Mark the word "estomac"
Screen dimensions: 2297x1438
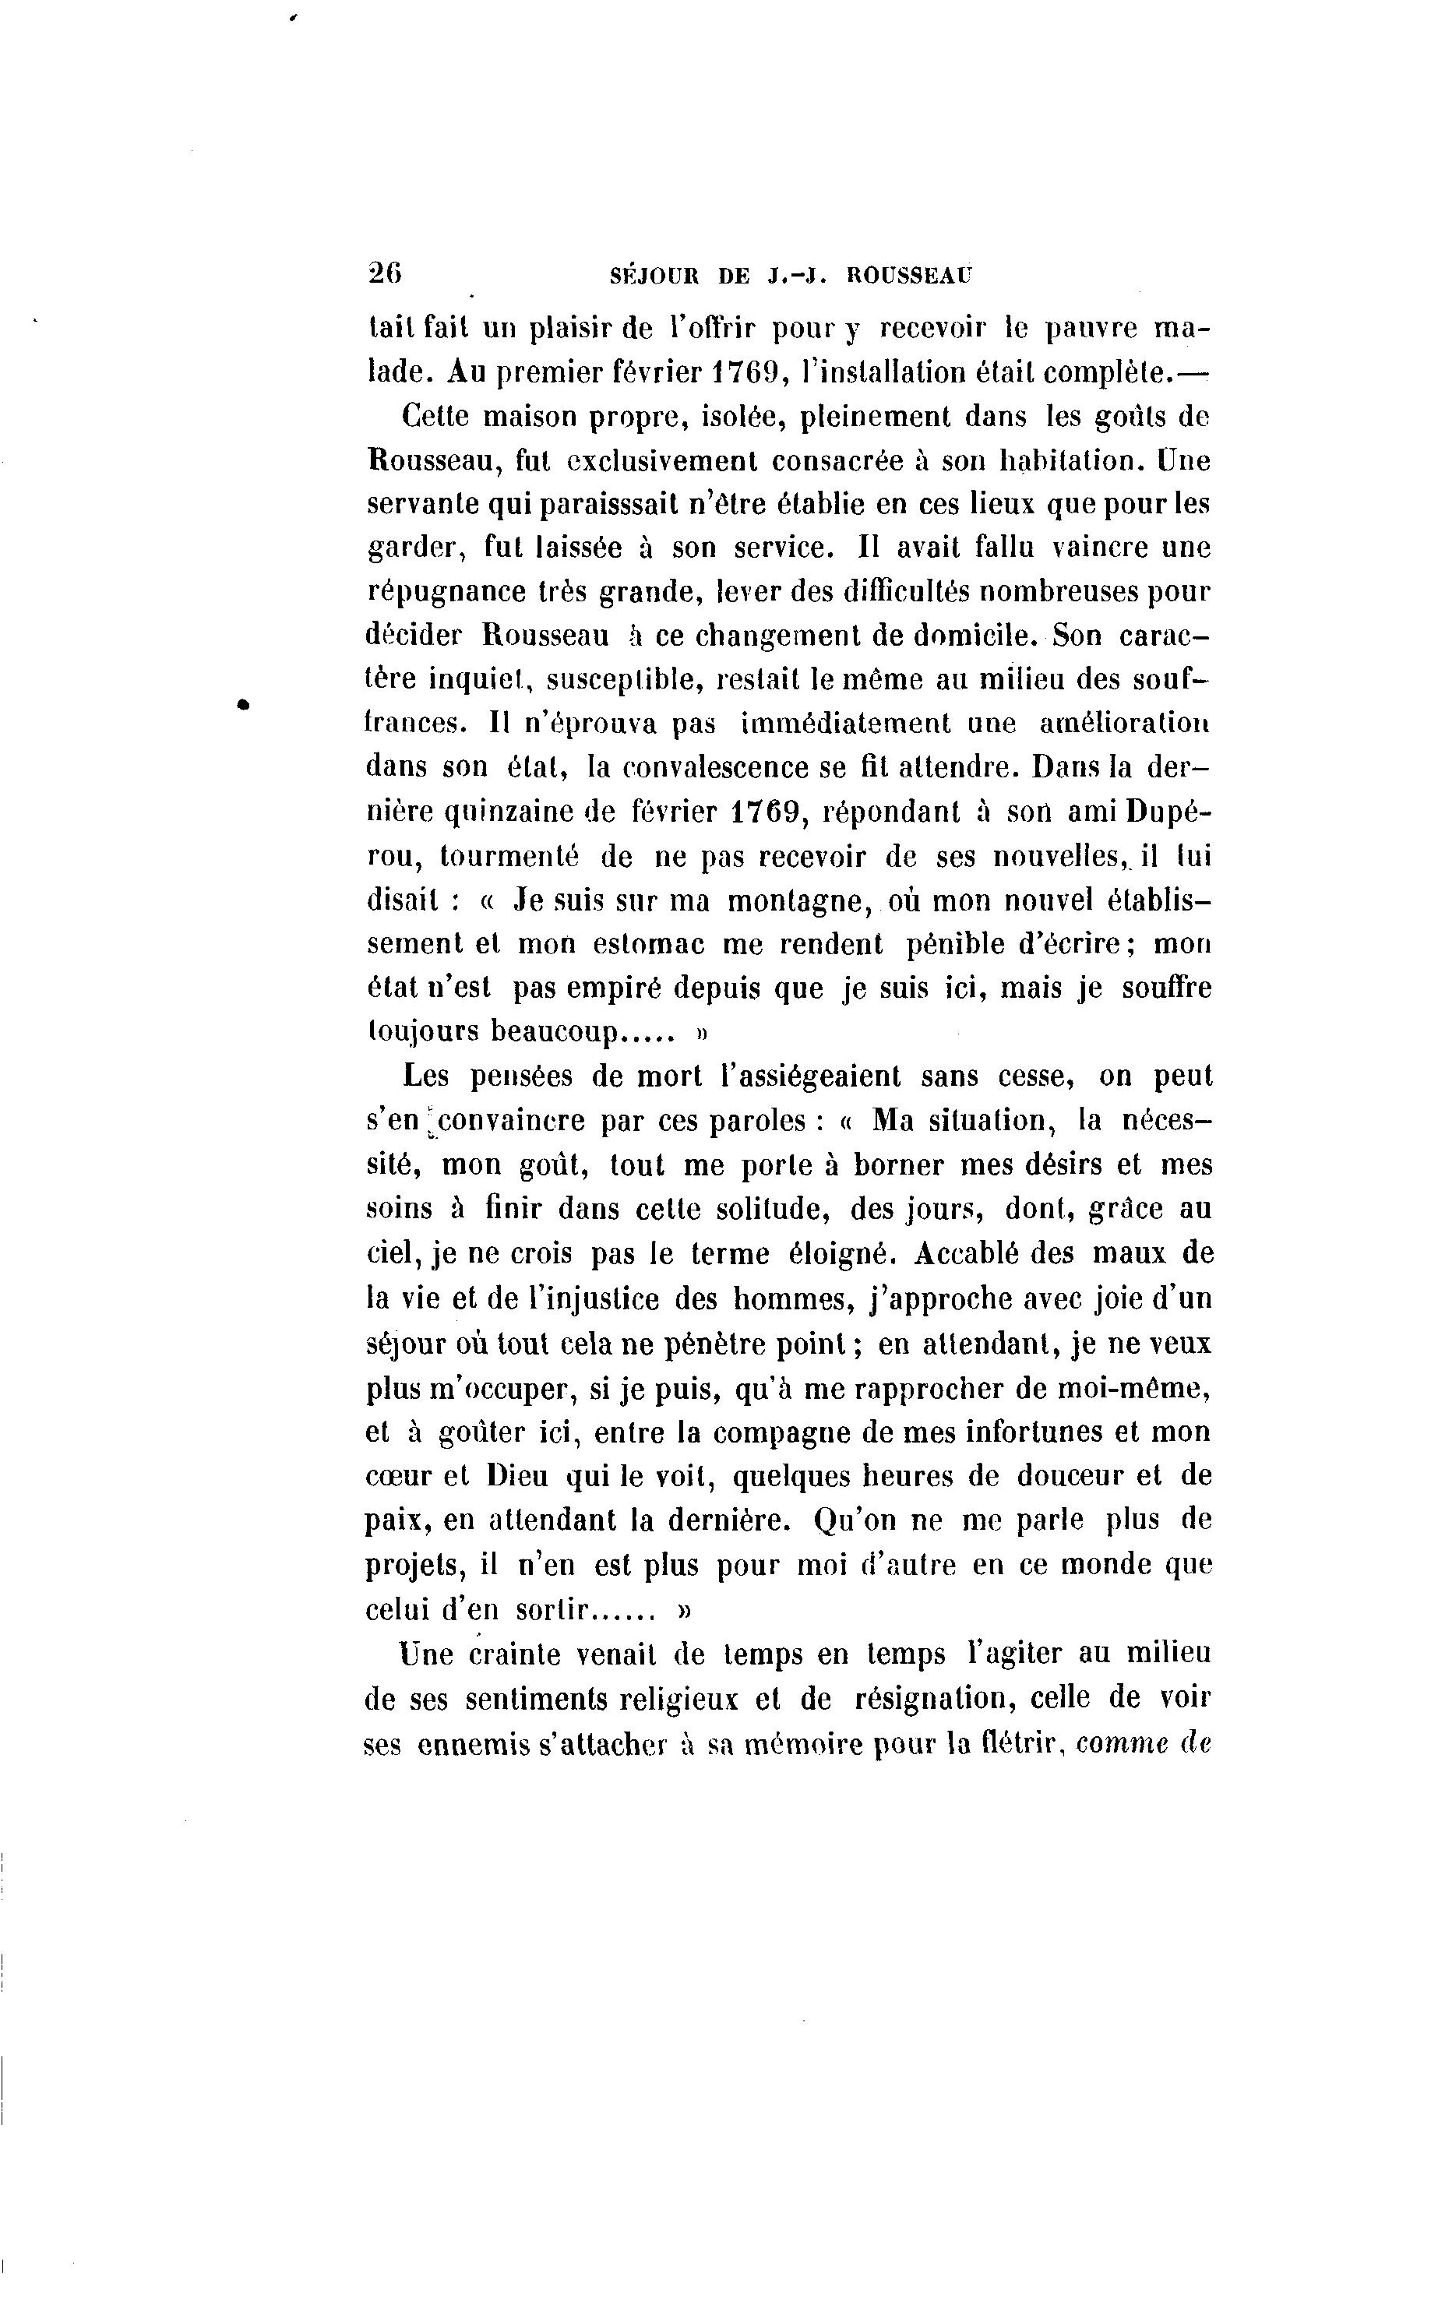(649, 944)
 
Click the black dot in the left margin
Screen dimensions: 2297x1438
(245, 703)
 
